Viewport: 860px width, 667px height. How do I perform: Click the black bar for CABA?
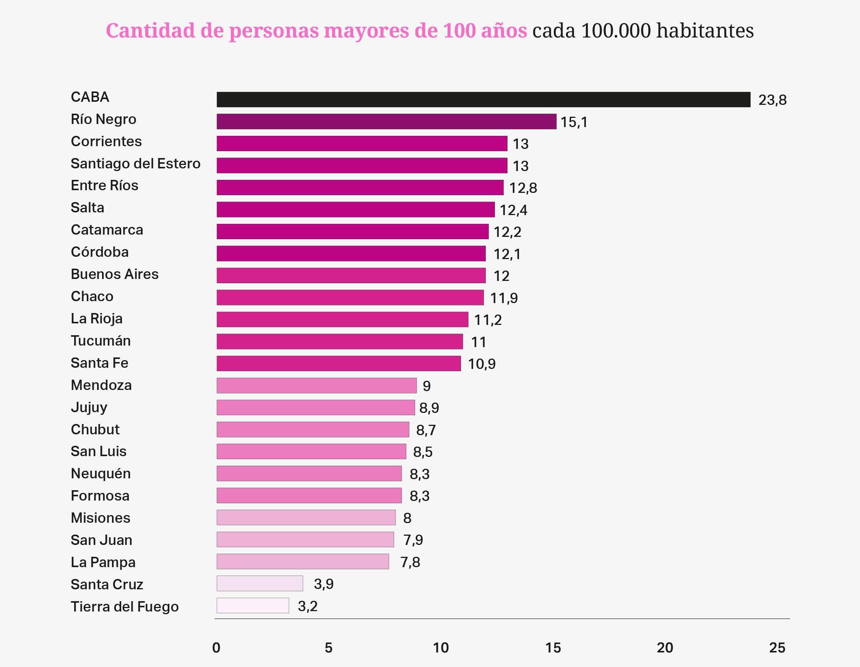[x=483, y=99]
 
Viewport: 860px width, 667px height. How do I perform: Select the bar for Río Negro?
[x=386, y=121]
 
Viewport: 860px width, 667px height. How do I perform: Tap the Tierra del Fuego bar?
[x=253, y=605]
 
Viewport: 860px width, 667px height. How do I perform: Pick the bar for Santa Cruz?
[x=260, y=584]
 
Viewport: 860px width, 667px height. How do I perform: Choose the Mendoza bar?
[x=316, y=385]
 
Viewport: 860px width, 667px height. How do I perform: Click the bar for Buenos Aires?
[x=351, y=276]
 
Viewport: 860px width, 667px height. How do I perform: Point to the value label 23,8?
[x=772, y=100]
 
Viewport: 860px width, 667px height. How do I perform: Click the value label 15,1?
[x=574, y=122]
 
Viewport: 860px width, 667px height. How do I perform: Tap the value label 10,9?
[x=481, y=364]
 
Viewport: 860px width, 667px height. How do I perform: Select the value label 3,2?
[x=308, y=606]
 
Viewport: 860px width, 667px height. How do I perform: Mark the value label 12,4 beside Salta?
[x=513, y=210]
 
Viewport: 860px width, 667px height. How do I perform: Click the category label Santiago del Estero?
[x=135, y=163]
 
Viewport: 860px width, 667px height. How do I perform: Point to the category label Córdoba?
[x=100, y=252]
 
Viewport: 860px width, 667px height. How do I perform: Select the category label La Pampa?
[x=103, y=562]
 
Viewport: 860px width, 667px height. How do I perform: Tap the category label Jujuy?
[x=89, y=407]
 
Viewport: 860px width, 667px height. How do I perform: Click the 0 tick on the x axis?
[x=216, y=648]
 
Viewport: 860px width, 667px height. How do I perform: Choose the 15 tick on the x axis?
[x=553, y=648]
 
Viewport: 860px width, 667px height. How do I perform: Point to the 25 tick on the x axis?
[x=777, y=648]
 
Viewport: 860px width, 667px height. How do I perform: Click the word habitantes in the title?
[x=705, y=31]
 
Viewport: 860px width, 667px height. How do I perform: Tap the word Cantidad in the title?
[x=151, y=31]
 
